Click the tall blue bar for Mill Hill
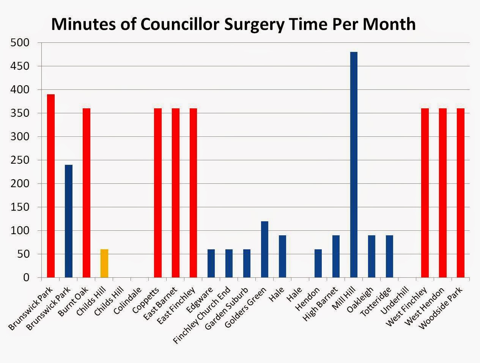click(x=354, y=165)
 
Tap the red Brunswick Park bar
click(x=51, y=186)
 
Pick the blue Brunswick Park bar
click(x=69, y=221)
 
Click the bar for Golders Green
click(x=264, y=249)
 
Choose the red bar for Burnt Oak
click(x=87, y=193)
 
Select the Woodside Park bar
click(x=460, y=193)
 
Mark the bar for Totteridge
click(x=389, y=257)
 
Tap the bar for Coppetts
click(x=158, y=193)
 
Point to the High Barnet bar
click(x=336, y=257)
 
